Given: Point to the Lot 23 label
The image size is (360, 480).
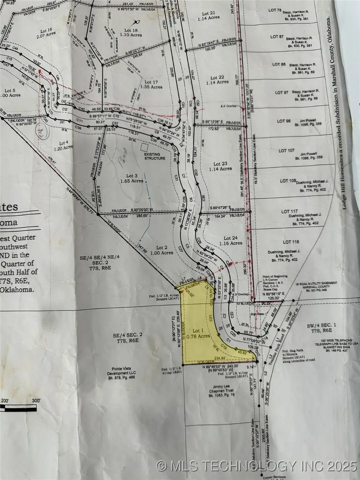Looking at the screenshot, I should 220,163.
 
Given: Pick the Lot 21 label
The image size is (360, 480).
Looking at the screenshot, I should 206,13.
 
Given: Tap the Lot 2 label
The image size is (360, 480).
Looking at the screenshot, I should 164,247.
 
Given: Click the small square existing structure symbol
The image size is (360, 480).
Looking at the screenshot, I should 144,147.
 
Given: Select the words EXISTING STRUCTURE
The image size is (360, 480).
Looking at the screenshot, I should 155,156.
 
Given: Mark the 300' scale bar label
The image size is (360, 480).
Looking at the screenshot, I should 36,400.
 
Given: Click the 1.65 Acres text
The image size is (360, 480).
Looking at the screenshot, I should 132,181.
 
